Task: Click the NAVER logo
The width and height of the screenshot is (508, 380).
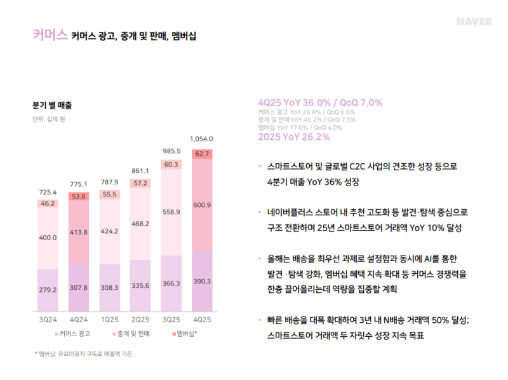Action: [x=474, y=22]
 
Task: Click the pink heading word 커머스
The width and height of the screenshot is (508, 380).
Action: [x=49, y=35]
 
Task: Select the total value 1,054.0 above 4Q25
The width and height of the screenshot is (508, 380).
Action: [x=202, y=139]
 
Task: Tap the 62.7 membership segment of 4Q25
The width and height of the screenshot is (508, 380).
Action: [x=202, y=154]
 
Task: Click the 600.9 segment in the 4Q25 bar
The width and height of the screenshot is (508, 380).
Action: [x=202, y=205]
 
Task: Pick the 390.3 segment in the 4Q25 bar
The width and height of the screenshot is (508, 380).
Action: [x=202, y=281]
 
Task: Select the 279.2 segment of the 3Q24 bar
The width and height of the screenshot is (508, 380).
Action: [x=48, y=289]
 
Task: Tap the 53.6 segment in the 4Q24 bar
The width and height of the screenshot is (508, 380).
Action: [x=79, y=197]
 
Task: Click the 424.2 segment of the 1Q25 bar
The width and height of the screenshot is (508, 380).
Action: [x=109, y=231]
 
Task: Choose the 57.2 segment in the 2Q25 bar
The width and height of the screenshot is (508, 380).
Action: [x=140, y=183]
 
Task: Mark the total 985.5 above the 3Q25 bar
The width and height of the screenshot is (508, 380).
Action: [x=171, y=151]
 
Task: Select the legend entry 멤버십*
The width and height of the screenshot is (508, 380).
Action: [x=184, y=333]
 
